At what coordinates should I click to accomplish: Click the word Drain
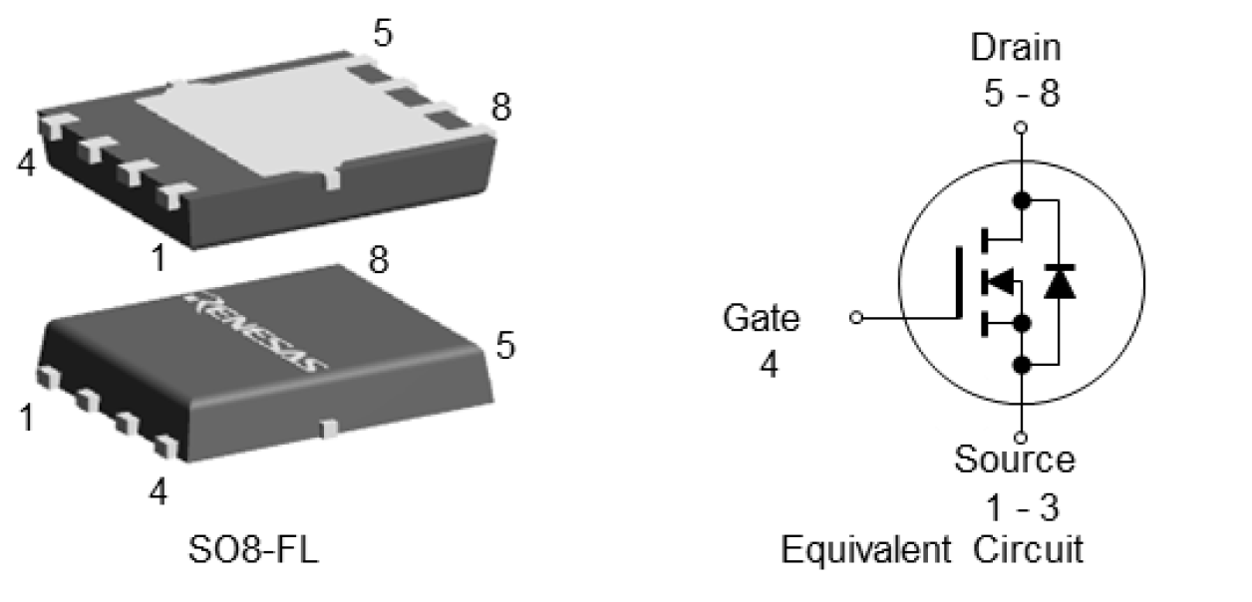click(1016, 48)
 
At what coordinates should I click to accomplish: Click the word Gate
click(762, 319)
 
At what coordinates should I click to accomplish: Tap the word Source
click(1015, 460)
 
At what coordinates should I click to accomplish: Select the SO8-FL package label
click(253, 550)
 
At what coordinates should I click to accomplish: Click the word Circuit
click(1029, 549)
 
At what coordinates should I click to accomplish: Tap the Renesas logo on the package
click(257, 333)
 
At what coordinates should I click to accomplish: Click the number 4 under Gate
click(769, 365)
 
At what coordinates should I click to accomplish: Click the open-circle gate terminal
click(856, 318)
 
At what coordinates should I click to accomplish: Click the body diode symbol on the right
click(1059, 283)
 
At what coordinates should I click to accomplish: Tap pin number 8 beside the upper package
click(500, 108)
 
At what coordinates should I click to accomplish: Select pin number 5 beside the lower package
click(505, 346)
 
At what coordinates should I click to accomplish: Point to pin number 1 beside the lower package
click(27, 417)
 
